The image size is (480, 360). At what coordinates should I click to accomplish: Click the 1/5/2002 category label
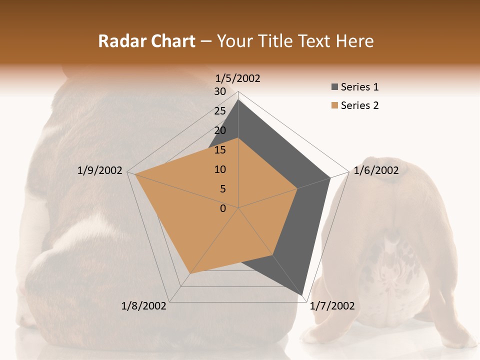[238, 78]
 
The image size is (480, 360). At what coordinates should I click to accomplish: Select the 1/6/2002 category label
[376, 170]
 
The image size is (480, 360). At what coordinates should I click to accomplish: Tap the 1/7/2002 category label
[332, 306]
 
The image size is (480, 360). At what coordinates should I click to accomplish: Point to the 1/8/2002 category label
[144, 306]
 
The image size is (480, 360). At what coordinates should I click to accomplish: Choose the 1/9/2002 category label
[100, 170]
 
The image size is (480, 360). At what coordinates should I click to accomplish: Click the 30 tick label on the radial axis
[220, 91]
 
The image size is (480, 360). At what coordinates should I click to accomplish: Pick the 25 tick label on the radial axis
[220, 111]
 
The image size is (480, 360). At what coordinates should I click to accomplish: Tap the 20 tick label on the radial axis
[220, 130]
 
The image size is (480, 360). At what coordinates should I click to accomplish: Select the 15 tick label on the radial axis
[220, 150]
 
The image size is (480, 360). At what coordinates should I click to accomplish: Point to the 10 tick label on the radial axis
[220, 169]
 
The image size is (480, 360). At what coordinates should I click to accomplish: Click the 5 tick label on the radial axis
[222, 189]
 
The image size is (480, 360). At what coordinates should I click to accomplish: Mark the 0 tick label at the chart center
[223, 208]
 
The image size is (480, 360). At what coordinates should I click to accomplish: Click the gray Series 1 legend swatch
[333, 87]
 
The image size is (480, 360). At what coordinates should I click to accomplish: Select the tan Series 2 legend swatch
[333, 105]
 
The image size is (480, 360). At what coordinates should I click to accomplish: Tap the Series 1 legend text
[359, 87]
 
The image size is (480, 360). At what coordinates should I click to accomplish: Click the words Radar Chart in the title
[146, 41]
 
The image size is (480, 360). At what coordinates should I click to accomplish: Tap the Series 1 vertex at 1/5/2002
[238, 100]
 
